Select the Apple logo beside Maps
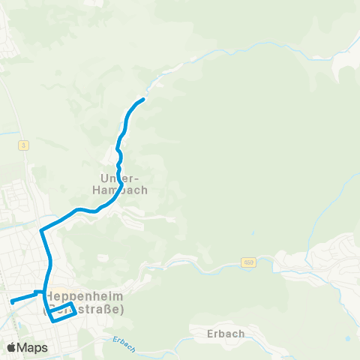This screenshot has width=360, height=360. point(10,347)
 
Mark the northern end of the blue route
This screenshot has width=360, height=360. point(142,100)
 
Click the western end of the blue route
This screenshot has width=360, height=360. point(11,302)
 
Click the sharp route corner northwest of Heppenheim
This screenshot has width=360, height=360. point(41,229)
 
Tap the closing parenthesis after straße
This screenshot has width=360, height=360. point(121,309)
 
